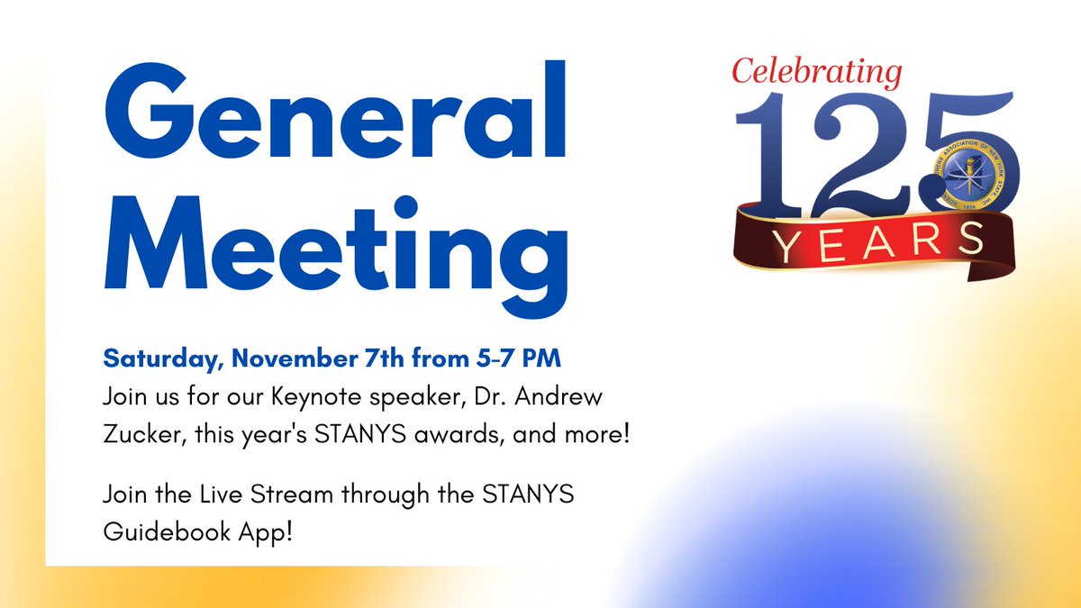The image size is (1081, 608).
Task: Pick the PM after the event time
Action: [x=542, y=358]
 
